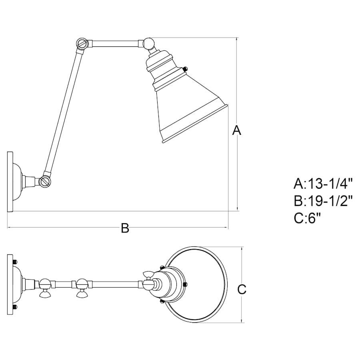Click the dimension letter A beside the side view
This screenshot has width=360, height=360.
[x=237, y=130]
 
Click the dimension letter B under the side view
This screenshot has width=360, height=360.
[x=125, y=228]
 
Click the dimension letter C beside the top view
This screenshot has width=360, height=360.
[x=242, y=289]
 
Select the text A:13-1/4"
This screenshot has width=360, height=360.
[x=323, y=184]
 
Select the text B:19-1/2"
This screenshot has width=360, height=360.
[x=323, y=201]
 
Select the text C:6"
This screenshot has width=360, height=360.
[x=308, y=218]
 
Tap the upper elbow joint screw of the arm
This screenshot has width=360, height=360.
[x=82, y=43]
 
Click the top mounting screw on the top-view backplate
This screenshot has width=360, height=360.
[x=15, y=262]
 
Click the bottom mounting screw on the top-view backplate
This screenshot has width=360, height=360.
[x=15, y=307]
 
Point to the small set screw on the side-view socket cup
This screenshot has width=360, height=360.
[x=185, y=70]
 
